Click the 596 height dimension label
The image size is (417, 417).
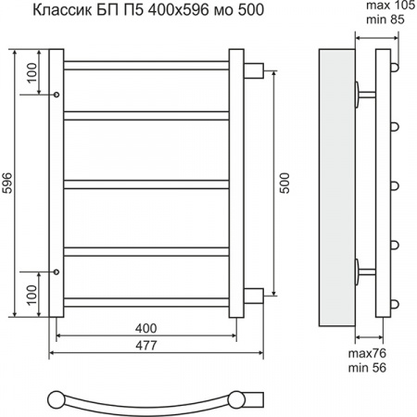pyautogui.click(x=7, y=183)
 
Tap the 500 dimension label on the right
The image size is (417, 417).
pyautogui.click(x=284, y=183)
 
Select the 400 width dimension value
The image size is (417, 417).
pyautogui.click(x=145, y=328)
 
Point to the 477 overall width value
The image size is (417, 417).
pyautogui.click(x=146, y=346)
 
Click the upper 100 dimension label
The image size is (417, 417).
pyautogui.click(x=32, y=73)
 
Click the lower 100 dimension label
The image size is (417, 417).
pyautogui.click(x=32, y=295)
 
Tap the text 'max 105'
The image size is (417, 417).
pyautogui.click(x=391, y=6)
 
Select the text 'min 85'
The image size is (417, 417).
pyautogui.click(x=385, y=19)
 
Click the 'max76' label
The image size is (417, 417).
pyautogui.click(x=367, y=353)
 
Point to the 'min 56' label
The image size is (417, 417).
pyautogui.click(x=367, y=368)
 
